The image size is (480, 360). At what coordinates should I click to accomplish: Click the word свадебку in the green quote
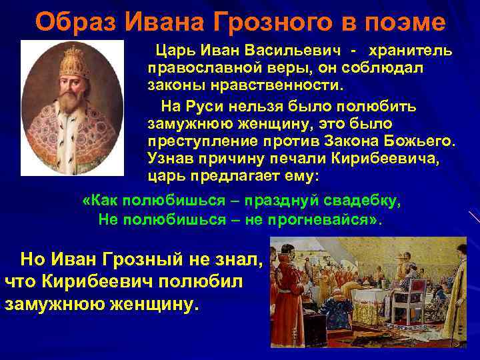364,201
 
